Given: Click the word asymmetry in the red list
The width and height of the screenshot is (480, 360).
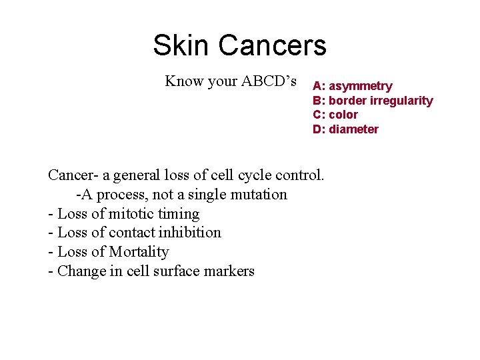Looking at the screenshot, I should [x=361, y=87].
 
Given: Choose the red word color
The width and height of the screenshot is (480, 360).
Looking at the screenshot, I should [x=343, y=115].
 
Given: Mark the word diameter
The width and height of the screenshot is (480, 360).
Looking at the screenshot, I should [x=353, y=129].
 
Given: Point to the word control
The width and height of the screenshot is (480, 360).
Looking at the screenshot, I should [x=300, y=176].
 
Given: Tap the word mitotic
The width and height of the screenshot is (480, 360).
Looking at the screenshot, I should [x=127, y=214].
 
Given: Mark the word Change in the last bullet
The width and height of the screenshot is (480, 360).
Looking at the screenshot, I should [x=79, y=271].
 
